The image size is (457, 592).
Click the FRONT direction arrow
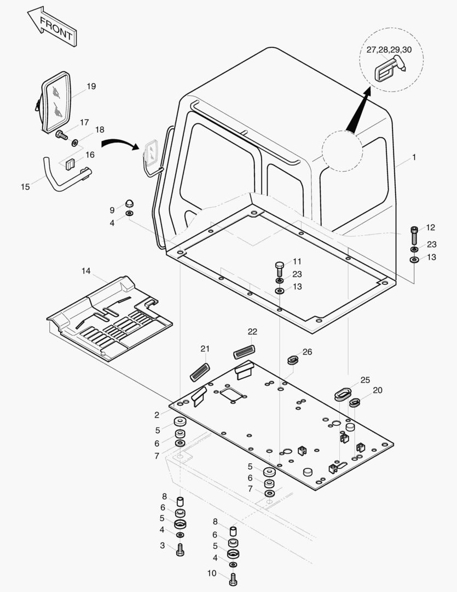click(52, 26)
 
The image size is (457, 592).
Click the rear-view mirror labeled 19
click(57, 103)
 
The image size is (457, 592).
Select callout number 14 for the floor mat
click(86, 271)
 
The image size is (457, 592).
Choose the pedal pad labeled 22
click(244, 352)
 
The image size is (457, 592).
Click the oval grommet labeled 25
click(344, 394)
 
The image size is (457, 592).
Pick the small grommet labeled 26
click(293, 360)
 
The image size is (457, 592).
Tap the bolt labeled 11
click(279, 269)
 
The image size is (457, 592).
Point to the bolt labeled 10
click(233, 577)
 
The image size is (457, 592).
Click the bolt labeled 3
click(181, 549)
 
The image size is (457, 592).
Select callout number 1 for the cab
click(414, 157)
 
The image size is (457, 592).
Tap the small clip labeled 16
click(70, 164)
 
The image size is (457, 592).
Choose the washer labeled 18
click(74, 143)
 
